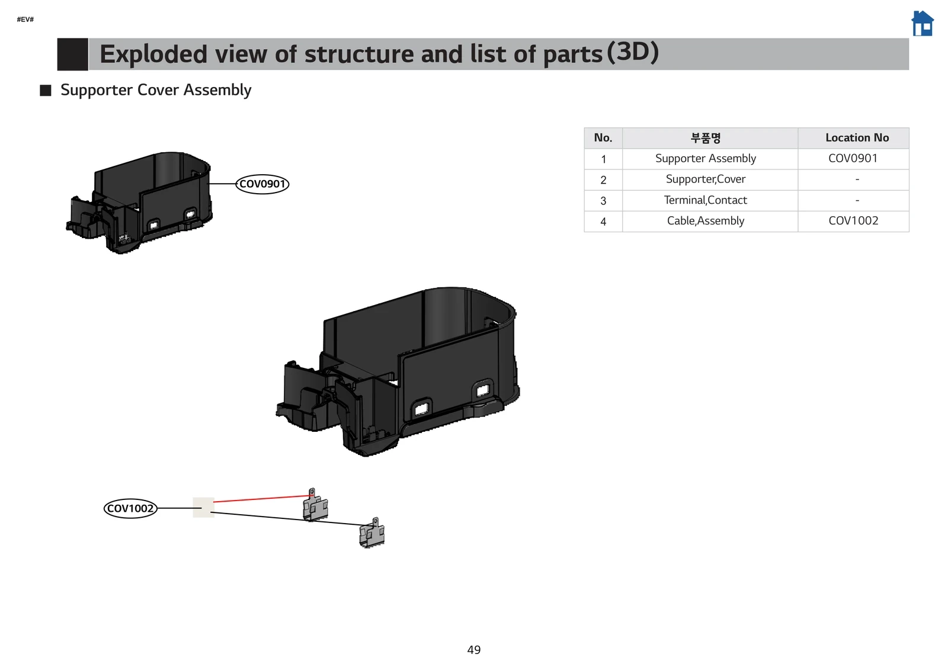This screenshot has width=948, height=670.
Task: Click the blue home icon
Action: tap(922, 24)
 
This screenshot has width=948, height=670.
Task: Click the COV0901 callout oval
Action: tap(262, 184)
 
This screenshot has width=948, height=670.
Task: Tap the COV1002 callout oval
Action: tap(130, 508)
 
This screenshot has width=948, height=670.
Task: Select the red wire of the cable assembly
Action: tap(261, 499)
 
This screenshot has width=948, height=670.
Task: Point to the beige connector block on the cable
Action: tap(203, 507)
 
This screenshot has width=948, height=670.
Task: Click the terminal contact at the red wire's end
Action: tap(315, 506)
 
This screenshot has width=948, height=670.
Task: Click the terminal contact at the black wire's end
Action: tap(372, 533)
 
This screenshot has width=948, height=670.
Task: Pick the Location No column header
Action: tap(857, 138)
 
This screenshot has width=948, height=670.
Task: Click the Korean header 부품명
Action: tap(705, 138)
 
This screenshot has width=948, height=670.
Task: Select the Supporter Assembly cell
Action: tap(705, 159)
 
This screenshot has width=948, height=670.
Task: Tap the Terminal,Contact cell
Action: tap(705, 200)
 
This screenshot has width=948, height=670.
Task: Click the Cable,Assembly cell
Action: tap(705, 221)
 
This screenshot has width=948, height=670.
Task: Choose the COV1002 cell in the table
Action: tap(853, 221)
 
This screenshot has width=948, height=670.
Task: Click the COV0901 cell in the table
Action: tap(853, 159)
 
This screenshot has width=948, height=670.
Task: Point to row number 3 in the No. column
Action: tap(603, 201)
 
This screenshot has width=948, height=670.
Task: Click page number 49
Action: tap(474, 650)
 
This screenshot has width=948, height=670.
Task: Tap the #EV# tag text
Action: tap(25, 20)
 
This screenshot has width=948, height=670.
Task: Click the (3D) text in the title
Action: tap(633, 52)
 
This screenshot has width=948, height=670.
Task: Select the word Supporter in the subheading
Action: tap(96, 90)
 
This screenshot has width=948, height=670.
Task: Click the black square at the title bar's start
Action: tap(72, 54)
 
